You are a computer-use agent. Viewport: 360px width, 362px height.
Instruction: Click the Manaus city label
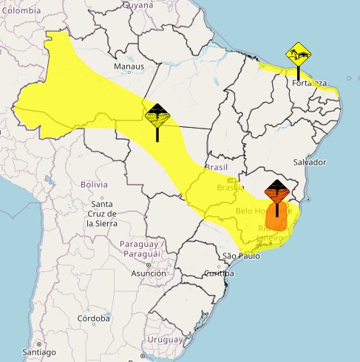128,66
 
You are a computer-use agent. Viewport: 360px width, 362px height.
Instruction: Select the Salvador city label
309,162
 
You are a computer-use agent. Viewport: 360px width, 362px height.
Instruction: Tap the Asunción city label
149,273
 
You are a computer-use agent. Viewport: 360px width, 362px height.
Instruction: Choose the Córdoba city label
93,320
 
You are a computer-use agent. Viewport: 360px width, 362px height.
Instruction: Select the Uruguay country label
164,339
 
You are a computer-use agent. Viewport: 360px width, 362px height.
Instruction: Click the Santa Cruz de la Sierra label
101,213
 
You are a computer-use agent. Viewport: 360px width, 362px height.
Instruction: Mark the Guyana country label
138,4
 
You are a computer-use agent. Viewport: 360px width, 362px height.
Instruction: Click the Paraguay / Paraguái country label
140,249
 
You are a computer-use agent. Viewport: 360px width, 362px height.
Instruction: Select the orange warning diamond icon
276,193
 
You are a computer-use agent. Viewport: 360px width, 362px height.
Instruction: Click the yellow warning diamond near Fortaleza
298,54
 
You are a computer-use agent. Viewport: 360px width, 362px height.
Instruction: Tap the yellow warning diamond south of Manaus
157,115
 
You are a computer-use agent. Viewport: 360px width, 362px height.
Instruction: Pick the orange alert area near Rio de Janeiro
276,219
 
